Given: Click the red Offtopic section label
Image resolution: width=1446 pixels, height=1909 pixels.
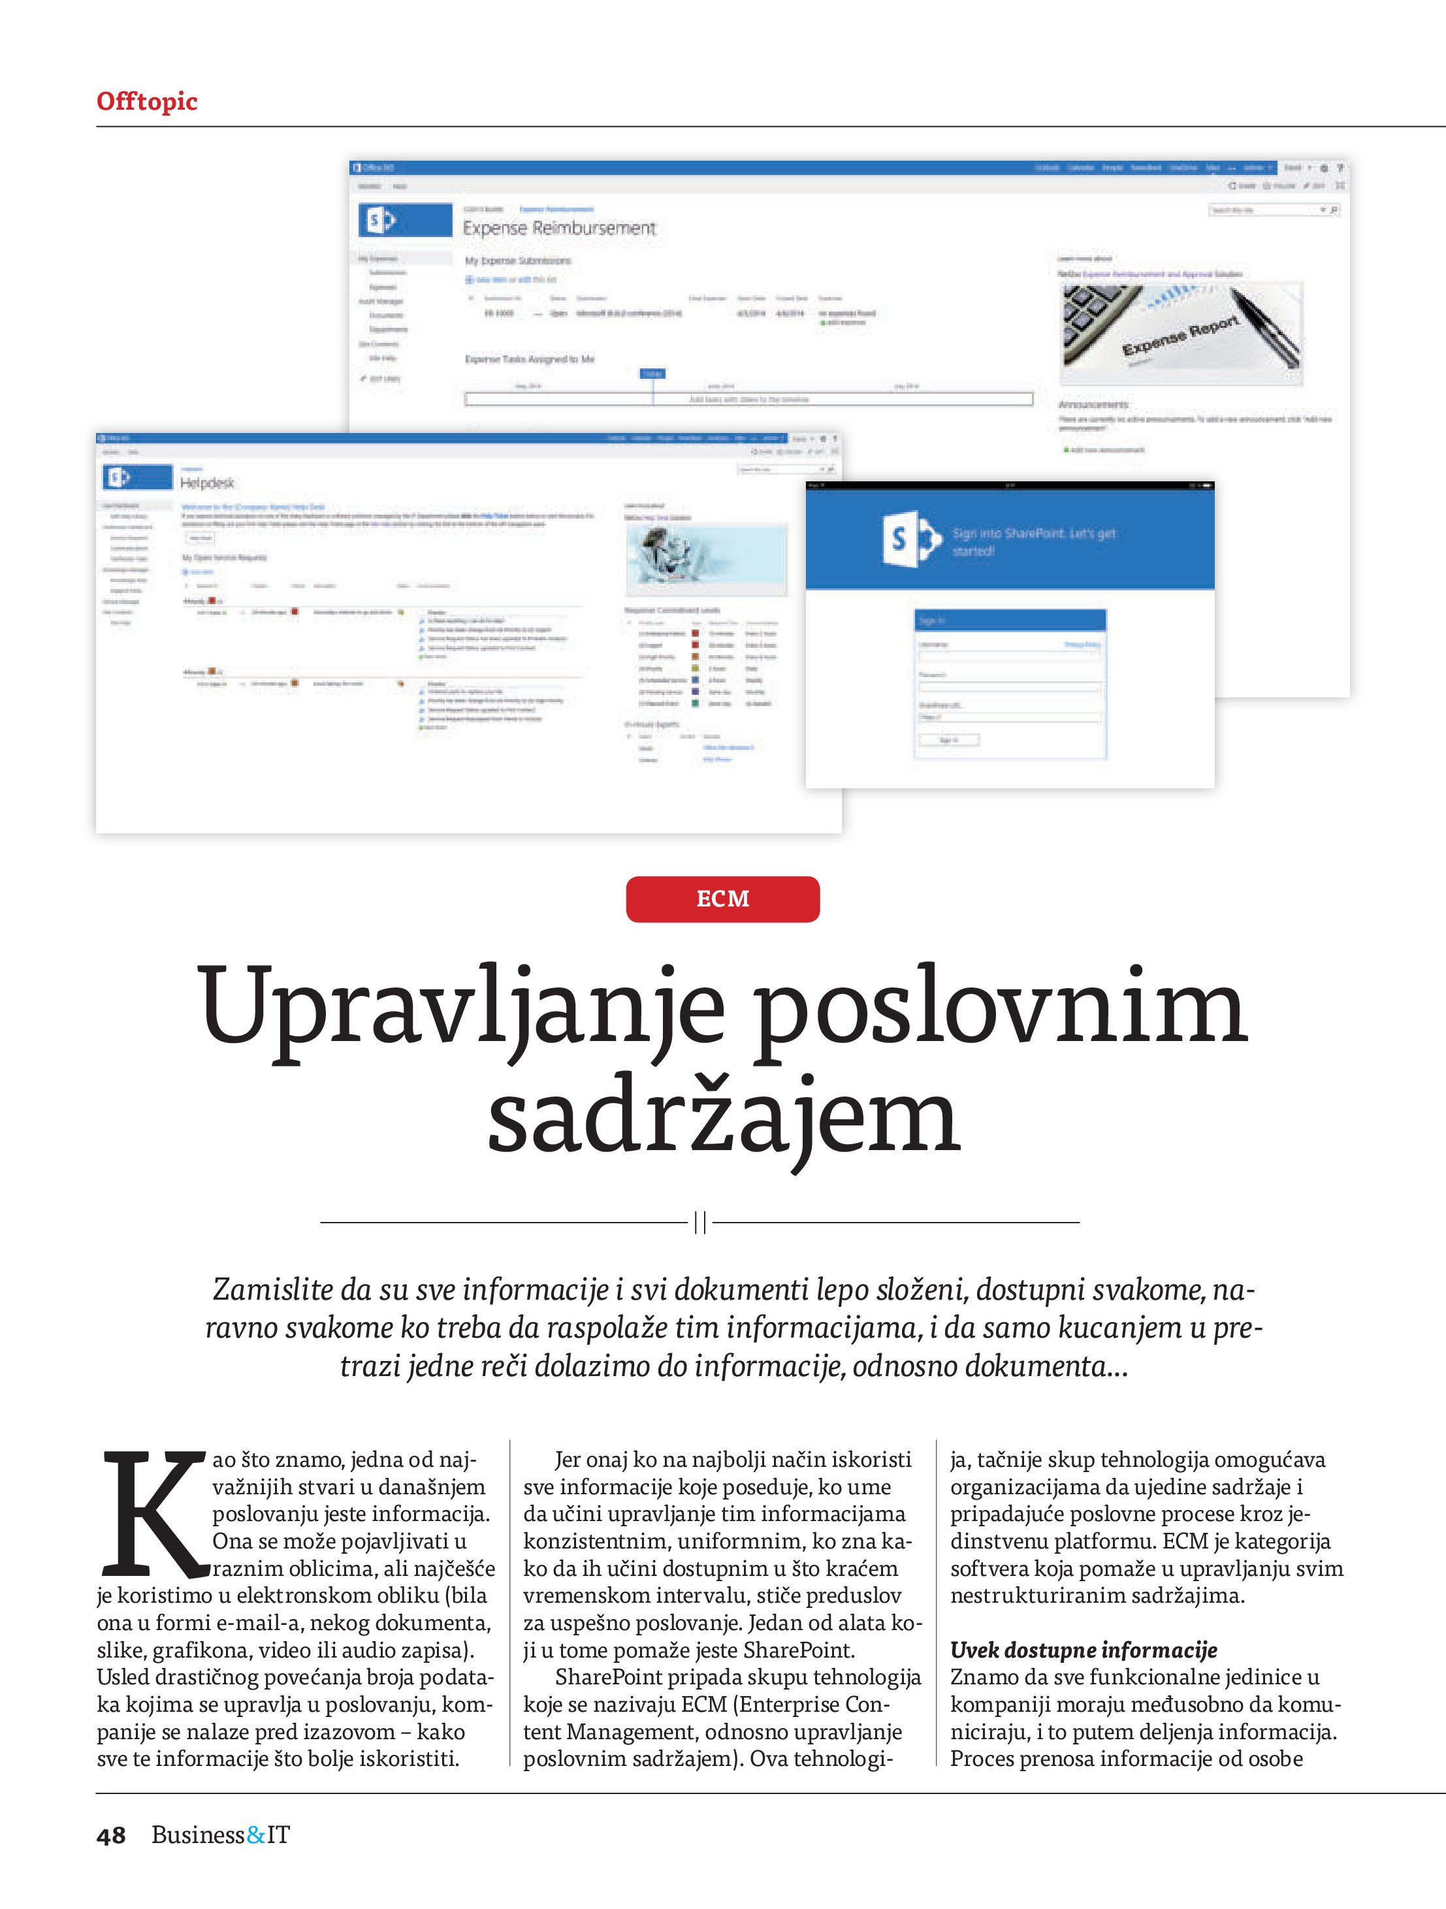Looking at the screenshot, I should (147, 102).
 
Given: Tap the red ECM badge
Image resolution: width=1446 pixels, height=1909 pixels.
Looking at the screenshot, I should (722, 899).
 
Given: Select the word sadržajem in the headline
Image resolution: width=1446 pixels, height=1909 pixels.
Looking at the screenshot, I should (724, 1117).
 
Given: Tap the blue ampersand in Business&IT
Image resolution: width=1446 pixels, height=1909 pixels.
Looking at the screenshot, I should (255, 1836).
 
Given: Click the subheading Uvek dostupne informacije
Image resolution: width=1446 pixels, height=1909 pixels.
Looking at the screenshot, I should (1084, 1650).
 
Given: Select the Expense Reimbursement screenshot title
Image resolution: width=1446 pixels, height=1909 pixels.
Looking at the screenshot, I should (560, 228).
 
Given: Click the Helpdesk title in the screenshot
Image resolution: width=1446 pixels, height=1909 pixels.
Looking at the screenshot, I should (207, 483).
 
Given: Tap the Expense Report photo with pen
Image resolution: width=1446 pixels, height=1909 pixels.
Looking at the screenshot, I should (1180, 333).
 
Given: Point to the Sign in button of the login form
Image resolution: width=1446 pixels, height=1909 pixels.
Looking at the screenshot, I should (948, 739).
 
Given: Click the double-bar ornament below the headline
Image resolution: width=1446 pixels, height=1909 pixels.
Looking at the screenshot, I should (700, 1222).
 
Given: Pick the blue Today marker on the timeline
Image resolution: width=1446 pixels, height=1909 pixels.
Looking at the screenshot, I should (652, 374).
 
